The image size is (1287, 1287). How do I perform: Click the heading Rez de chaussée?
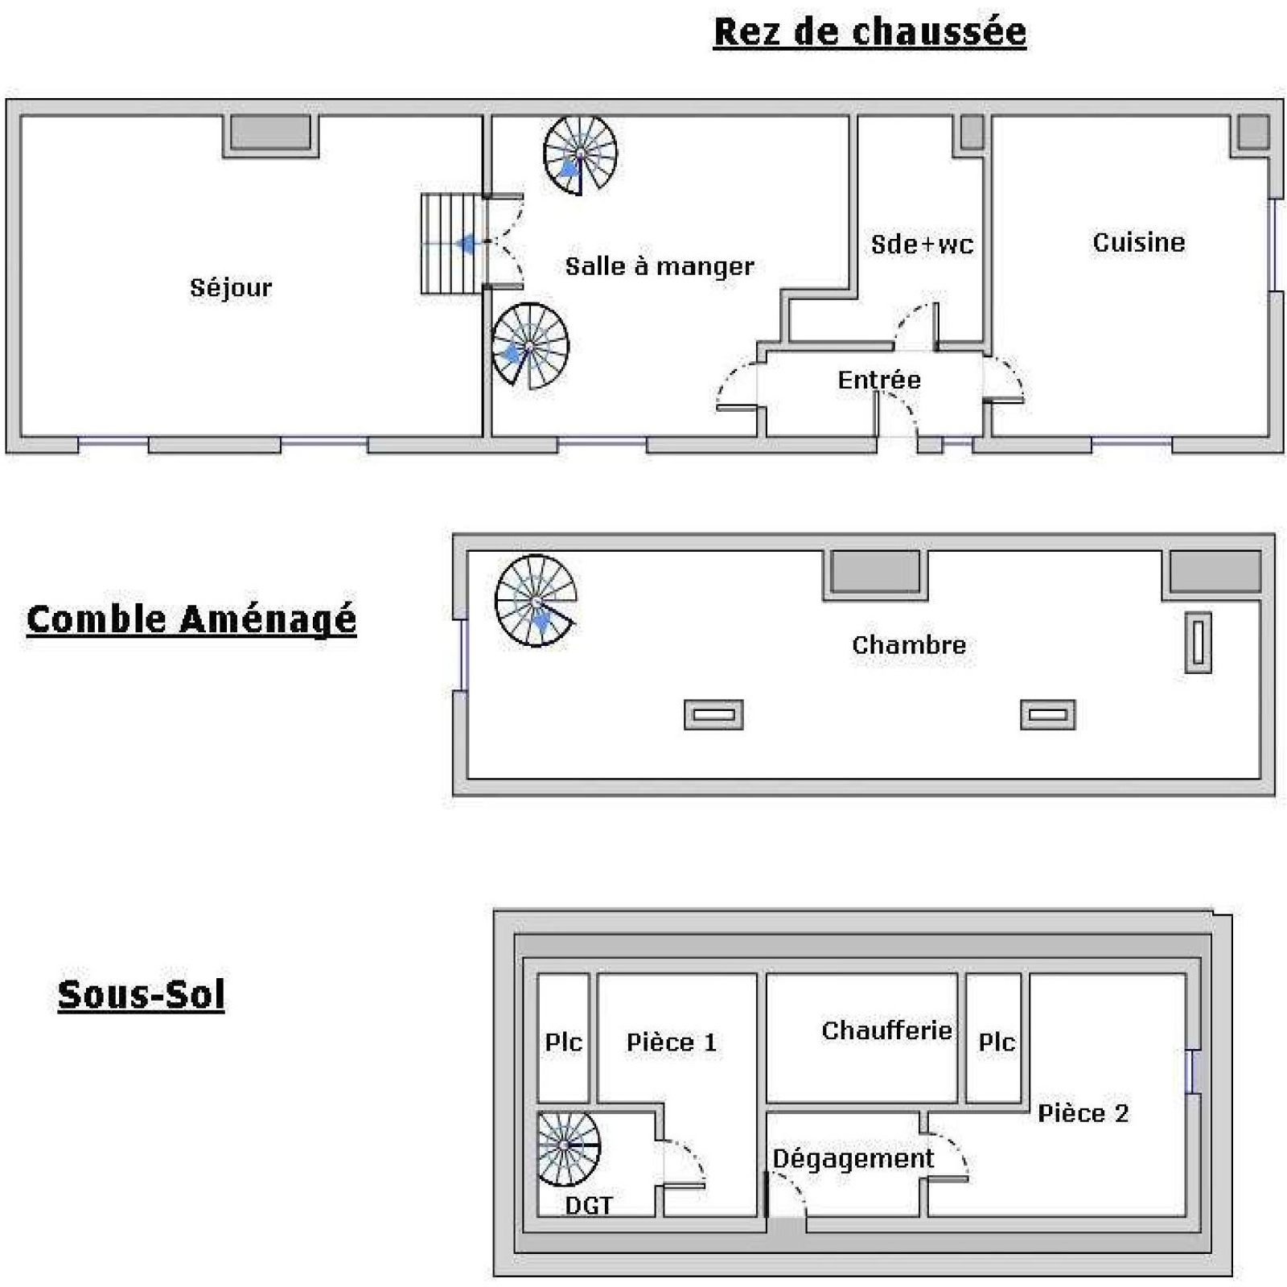(x=870, y=32)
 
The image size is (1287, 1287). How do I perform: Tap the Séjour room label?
(x=231, y=288)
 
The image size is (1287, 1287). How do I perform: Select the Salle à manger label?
(x=660, y=266)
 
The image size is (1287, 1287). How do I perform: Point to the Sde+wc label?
(x=922, y=244)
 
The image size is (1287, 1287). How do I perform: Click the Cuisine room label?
(x=1138, y=242)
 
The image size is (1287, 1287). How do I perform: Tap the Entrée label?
(x=879, y=380)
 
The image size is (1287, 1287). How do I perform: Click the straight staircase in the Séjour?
(x=452, y=244)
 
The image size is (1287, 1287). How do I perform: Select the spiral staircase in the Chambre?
(x=536, y=600)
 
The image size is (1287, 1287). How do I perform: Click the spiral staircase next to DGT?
(x=568, y=1148)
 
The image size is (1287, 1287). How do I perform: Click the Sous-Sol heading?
(x=141, y=994)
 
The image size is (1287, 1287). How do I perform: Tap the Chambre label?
(x=909, y=644)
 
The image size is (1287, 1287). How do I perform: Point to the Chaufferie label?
(x=886, y=1030)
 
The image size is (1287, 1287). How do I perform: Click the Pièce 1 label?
(x=671, y=1042)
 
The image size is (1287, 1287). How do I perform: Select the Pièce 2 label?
(x=1083, y=1113)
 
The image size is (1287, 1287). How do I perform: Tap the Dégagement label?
(x=853, y=1158)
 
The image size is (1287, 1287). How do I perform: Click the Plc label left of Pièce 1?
(x=563, y=1042)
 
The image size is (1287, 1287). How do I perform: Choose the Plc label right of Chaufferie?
(x=997, y=1042)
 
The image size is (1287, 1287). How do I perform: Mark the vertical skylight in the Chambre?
(x=1199, y=642)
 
